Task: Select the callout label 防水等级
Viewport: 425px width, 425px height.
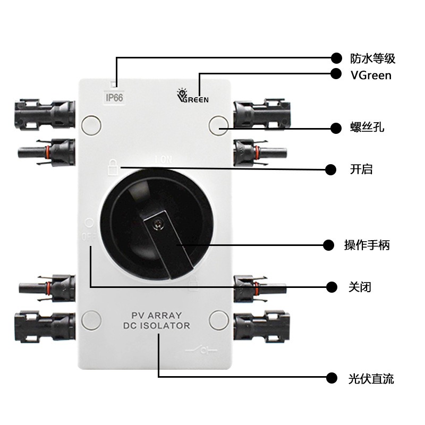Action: pos(372,58)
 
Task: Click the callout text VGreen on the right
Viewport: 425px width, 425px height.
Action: pos(371,75)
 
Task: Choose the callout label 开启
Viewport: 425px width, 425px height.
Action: pos(361,169)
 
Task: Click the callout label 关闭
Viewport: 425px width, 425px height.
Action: pos(360,287)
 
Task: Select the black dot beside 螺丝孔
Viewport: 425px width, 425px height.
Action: pos(335,128)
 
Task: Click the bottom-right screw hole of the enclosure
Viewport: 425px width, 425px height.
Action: pos(218,319)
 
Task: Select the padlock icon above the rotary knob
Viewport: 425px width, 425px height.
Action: pos(112,166)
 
